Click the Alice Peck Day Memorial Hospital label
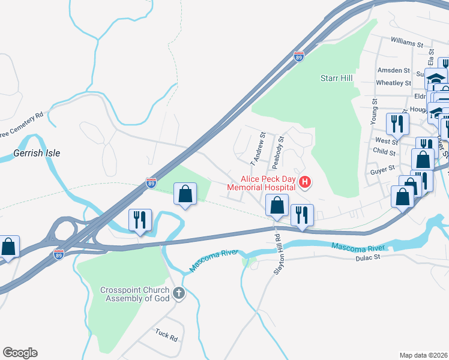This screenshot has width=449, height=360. pyautogui.click(x=262, y=183)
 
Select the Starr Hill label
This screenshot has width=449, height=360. pyautogui.click(x=336, y=78)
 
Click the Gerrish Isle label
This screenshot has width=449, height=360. pyautogui.click(x=37, y=153)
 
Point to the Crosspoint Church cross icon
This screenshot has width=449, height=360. pyautogui.click(x=178, y=293)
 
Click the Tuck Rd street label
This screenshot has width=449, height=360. pyautogui.click(x=166, y=335)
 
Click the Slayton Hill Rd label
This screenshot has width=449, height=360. pyautogui.click(x=278, y=254)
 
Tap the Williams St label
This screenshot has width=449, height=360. pyautogui.click(x=406, y=43)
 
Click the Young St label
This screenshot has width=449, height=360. pyautogui.click(x=373, y=112)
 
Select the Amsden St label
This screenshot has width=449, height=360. pyautogui.click(x=393, y=70)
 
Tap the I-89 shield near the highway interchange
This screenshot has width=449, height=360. pyautogui.click(x=58, y=254)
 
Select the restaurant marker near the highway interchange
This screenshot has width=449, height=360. pyautogui.click(x=140, y=220)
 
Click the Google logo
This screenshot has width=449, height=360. pyautogui.click(x=20, y=353)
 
